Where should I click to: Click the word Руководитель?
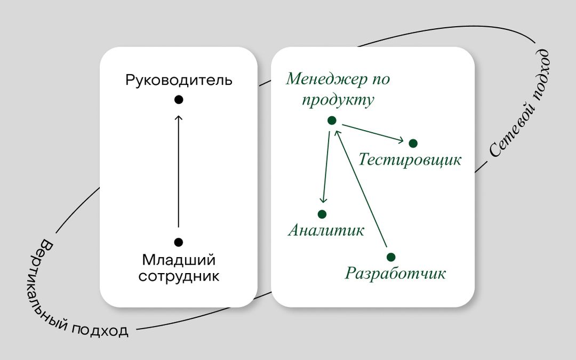(179, 80)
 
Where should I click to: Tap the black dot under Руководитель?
(179, 100)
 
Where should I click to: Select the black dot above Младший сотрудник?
(179, 242)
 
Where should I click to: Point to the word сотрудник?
(179, 276)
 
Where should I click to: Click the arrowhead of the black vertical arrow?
(179, 118)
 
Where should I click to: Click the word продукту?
(338, 100)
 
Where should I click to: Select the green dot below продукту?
(332, 121)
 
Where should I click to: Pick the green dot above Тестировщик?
(413, 143)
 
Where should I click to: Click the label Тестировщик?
(410, 160)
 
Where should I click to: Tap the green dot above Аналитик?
(322, 214)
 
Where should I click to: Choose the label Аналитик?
(326, 230)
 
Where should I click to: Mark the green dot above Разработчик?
(391, 257)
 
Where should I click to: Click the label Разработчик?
(395, 273)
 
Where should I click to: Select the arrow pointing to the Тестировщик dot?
(373, 133)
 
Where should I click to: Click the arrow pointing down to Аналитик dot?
(326, 167)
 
